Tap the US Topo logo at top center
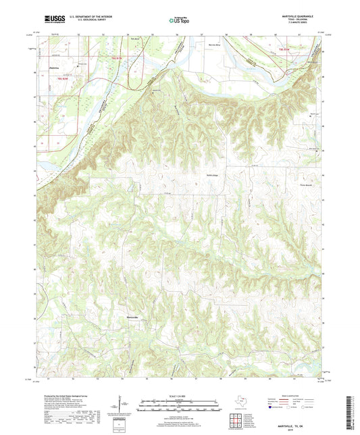(x=179, y=21)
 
